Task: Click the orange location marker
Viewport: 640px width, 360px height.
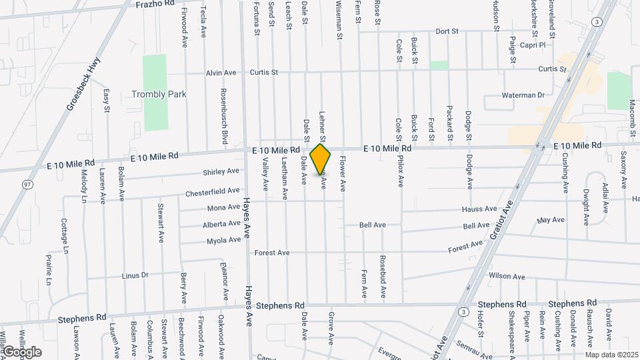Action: coord(321,159)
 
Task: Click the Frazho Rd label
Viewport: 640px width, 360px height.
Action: coord(155,3)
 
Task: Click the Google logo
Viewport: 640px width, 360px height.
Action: coord(22,351)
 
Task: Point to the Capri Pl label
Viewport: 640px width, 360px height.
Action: coord(533,45)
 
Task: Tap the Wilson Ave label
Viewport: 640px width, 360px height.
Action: coord(507,276)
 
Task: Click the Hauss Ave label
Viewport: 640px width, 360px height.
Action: coord(480,209)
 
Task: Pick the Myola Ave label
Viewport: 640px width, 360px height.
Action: coord(223,241)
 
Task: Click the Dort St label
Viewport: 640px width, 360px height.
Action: coord(447,31)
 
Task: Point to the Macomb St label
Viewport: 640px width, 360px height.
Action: coord(631,113)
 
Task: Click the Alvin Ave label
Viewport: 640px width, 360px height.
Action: coord(221,73)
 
